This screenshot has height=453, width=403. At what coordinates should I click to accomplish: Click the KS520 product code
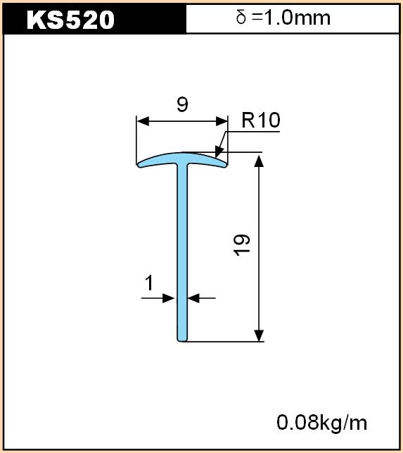click(x=70, y=20)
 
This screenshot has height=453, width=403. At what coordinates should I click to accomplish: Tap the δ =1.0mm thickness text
click(x=283, y=18)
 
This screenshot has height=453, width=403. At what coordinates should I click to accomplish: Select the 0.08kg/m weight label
click(x=321, y=423)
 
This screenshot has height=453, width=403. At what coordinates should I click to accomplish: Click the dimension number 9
click(x=182, y=104)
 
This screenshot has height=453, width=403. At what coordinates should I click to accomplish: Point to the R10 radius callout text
click(x=261, y=120)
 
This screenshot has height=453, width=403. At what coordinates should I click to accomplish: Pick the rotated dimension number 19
click(x=242, y=245)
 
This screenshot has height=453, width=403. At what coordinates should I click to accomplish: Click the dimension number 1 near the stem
click(x=149, y=283)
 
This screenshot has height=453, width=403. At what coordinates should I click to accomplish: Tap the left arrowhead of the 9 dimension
click(x=143, y=121)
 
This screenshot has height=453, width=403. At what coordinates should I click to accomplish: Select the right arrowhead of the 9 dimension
click(x=222, y=121)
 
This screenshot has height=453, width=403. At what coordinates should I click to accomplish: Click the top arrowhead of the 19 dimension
click(x=259, y=161)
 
